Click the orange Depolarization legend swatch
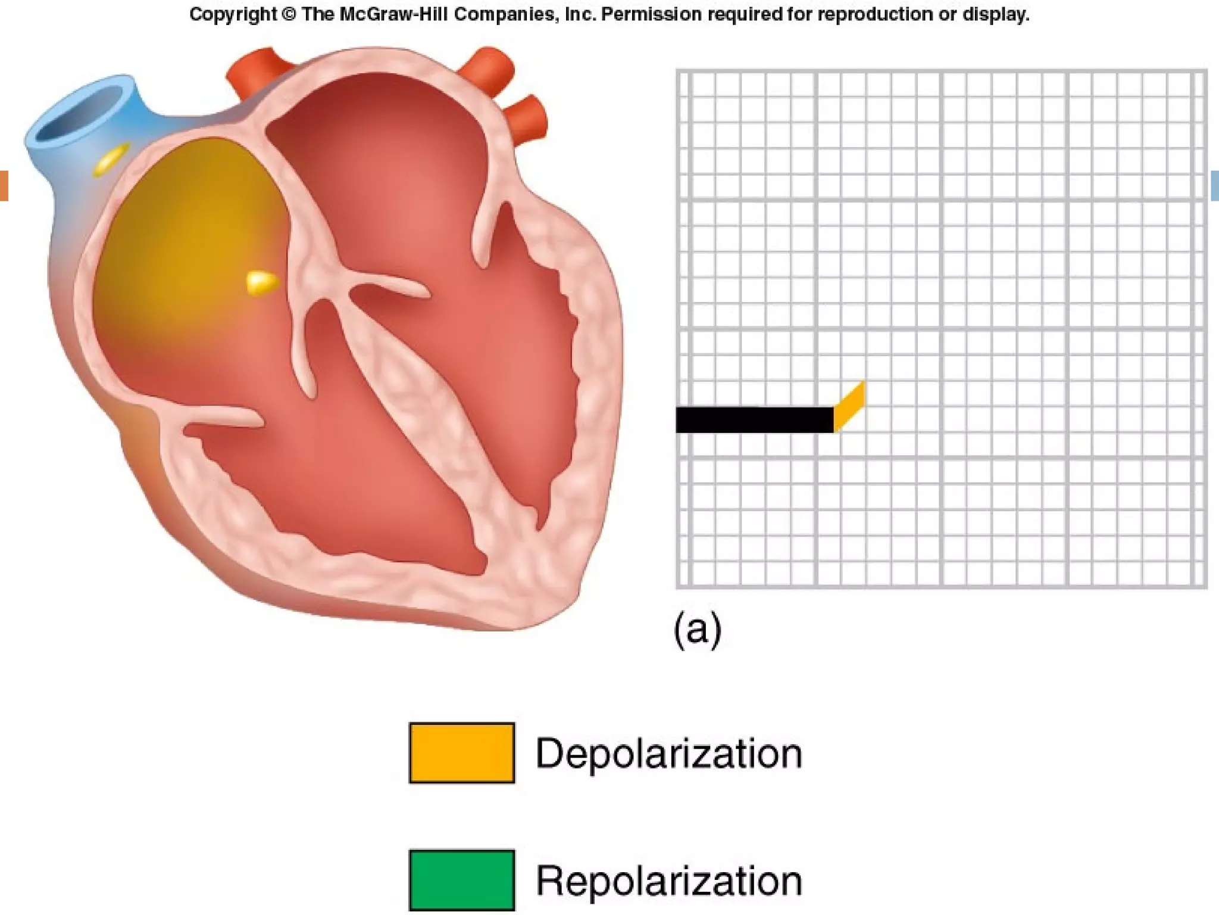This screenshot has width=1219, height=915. point(462,752)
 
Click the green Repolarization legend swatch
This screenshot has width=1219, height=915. point(462,879)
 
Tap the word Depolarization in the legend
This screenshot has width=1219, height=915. point(668,754)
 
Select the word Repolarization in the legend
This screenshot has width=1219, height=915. point(668,880)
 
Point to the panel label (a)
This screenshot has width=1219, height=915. point(697,628)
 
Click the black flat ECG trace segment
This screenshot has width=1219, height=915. point(754,419)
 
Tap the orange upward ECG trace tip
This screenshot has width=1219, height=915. point(849,405)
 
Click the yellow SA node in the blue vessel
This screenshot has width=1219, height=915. point(111,158)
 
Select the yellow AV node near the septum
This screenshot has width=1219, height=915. point(261,282)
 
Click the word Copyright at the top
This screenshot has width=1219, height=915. point(233,14)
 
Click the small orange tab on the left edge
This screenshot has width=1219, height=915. point(4,185)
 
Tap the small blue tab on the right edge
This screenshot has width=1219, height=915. point(1215,185)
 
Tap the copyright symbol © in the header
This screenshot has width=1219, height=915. point(289,14)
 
